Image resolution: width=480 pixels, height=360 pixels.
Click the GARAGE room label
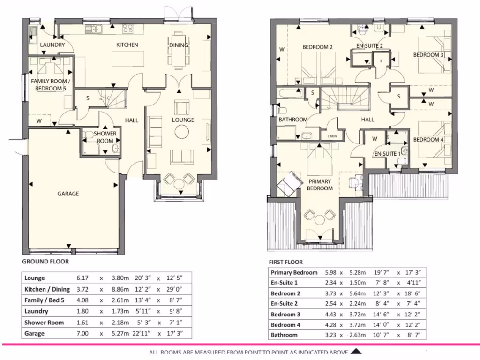68,194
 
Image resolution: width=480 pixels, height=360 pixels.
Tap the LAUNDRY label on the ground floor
52,45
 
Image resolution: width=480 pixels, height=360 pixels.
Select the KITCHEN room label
127,45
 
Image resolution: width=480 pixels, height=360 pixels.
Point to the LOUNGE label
183,120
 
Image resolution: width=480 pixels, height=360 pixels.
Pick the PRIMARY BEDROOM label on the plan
320,185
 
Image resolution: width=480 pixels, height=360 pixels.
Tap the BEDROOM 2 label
317,47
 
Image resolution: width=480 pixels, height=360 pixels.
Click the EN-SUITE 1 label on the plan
387,153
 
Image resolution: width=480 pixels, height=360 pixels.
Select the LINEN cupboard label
332,136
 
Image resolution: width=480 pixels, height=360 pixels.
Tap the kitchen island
127,60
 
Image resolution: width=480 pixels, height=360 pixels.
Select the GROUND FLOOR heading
45,262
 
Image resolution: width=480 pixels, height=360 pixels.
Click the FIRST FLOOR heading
286,262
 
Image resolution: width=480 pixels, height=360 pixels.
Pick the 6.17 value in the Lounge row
82,277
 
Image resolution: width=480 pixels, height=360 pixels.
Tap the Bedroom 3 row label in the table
286,314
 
